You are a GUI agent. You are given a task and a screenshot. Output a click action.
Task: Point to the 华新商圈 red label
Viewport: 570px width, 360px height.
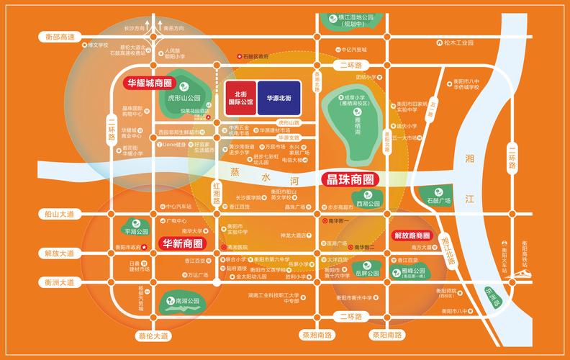click(x=182, y=243)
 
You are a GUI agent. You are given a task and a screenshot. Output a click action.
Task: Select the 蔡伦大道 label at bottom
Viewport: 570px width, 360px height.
click(x=152, y=336)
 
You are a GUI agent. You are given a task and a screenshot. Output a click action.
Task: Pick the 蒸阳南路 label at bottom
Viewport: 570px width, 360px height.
click(x=387, y=336)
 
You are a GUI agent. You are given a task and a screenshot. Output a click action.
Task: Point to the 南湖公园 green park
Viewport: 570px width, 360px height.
click(x=178, y=301)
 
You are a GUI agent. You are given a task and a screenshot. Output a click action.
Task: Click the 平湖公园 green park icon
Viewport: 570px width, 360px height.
click(x=135, y=228)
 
